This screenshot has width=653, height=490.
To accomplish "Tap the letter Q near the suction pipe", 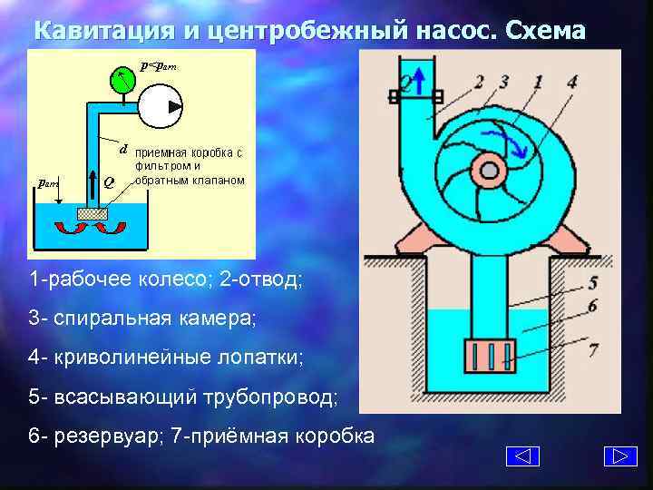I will coord(109,181).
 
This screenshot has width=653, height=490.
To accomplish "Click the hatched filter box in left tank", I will coord(93,214).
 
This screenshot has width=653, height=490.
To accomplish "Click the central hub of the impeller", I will coord(488,170).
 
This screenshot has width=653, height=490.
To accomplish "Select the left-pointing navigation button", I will coord(521,456).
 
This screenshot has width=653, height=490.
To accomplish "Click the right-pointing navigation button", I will coord(619,456).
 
